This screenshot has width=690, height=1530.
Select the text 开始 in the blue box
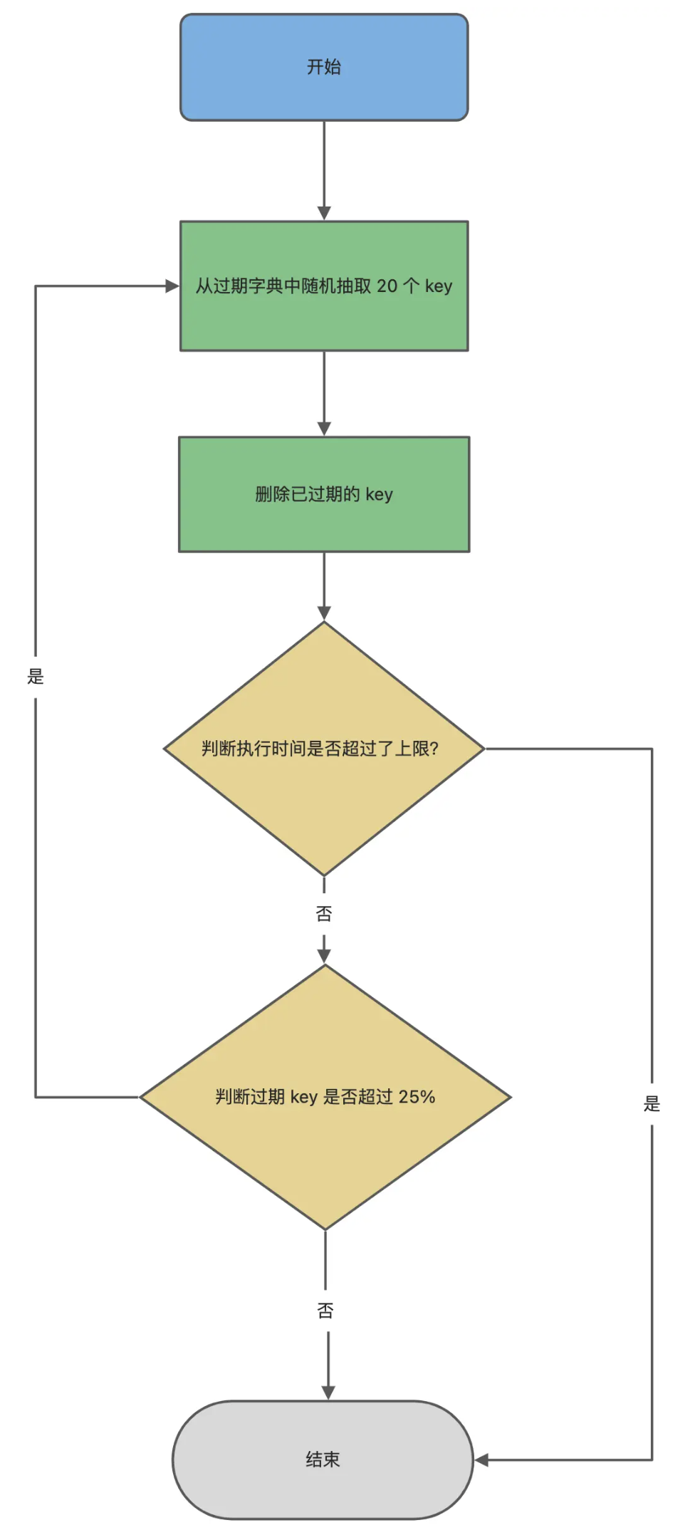click(324, 67)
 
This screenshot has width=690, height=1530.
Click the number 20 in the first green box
click(387, 286)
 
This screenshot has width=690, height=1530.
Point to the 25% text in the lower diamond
click(417, 1097)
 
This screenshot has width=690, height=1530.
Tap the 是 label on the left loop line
click(36, 676)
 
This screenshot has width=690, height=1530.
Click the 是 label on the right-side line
click(652, 1104)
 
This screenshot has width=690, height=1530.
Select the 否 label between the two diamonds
click(324, 914)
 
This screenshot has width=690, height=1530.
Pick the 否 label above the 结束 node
click(325, 1311)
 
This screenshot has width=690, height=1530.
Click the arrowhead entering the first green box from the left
click(172, 286)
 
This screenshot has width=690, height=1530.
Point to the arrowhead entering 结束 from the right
click(482, 1459)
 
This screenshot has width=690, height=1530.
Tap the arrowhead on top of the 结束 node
click(328, 1392)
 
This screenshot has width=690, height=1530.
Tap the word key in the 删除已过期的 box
click(379, 494)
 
